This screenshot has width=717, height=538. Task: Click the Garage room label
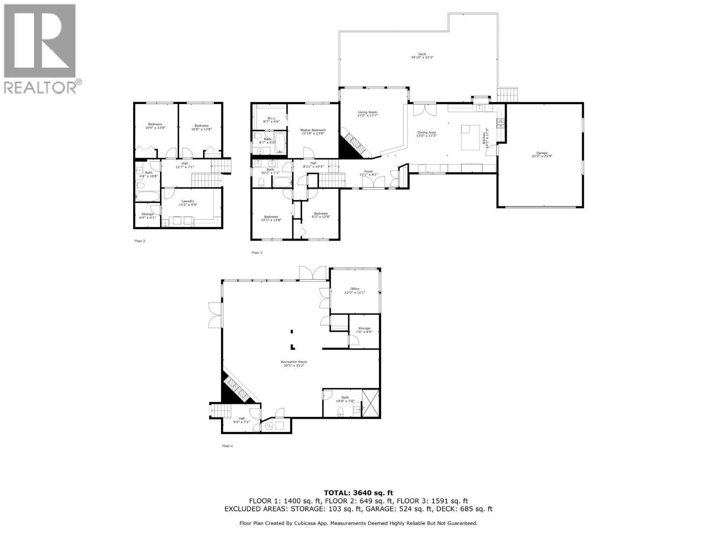[x=539, y=155]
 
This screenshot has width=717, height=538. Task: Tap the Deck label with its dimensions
[x=422, y=56]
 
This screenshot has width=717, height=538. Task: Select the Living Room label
[x=367, y=114]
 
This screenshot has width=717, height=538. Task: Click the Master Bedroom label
[x=313, y=131]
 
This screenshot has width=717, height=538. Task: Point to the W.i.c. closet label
[x=271, y=120]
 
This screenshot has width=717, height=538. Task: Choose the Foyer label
[x=368, y=173]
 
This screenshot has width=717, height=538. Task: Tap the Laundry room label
[x=188, y=203]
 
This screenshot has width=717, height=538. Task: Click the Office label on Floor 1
[x=355, y=291]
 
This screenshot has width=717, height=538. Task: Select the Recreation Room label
[x=294, y=363]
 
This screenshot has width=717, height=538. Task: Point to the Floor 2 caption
[x=140, y=241]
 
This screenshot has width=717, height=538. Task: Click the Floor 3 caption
[x=257, y=252]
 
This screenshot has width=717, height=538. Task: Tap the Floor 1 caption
[x=228, y=446]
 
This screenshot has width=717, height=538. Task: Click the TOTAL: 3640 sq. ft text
[x=358, y=493]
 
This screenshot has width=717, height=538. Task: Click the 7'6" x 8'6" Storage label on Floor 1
[x=364, y=330]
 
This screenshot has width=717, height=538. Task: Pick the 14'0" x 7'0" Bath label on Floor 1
[x=345, y=399]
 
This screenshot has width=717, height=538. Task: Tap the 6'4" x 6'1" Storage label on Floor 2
[x=147, y=216]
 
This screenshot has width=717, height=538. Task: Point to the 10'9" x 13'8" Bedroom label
[x=155, y=126]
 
